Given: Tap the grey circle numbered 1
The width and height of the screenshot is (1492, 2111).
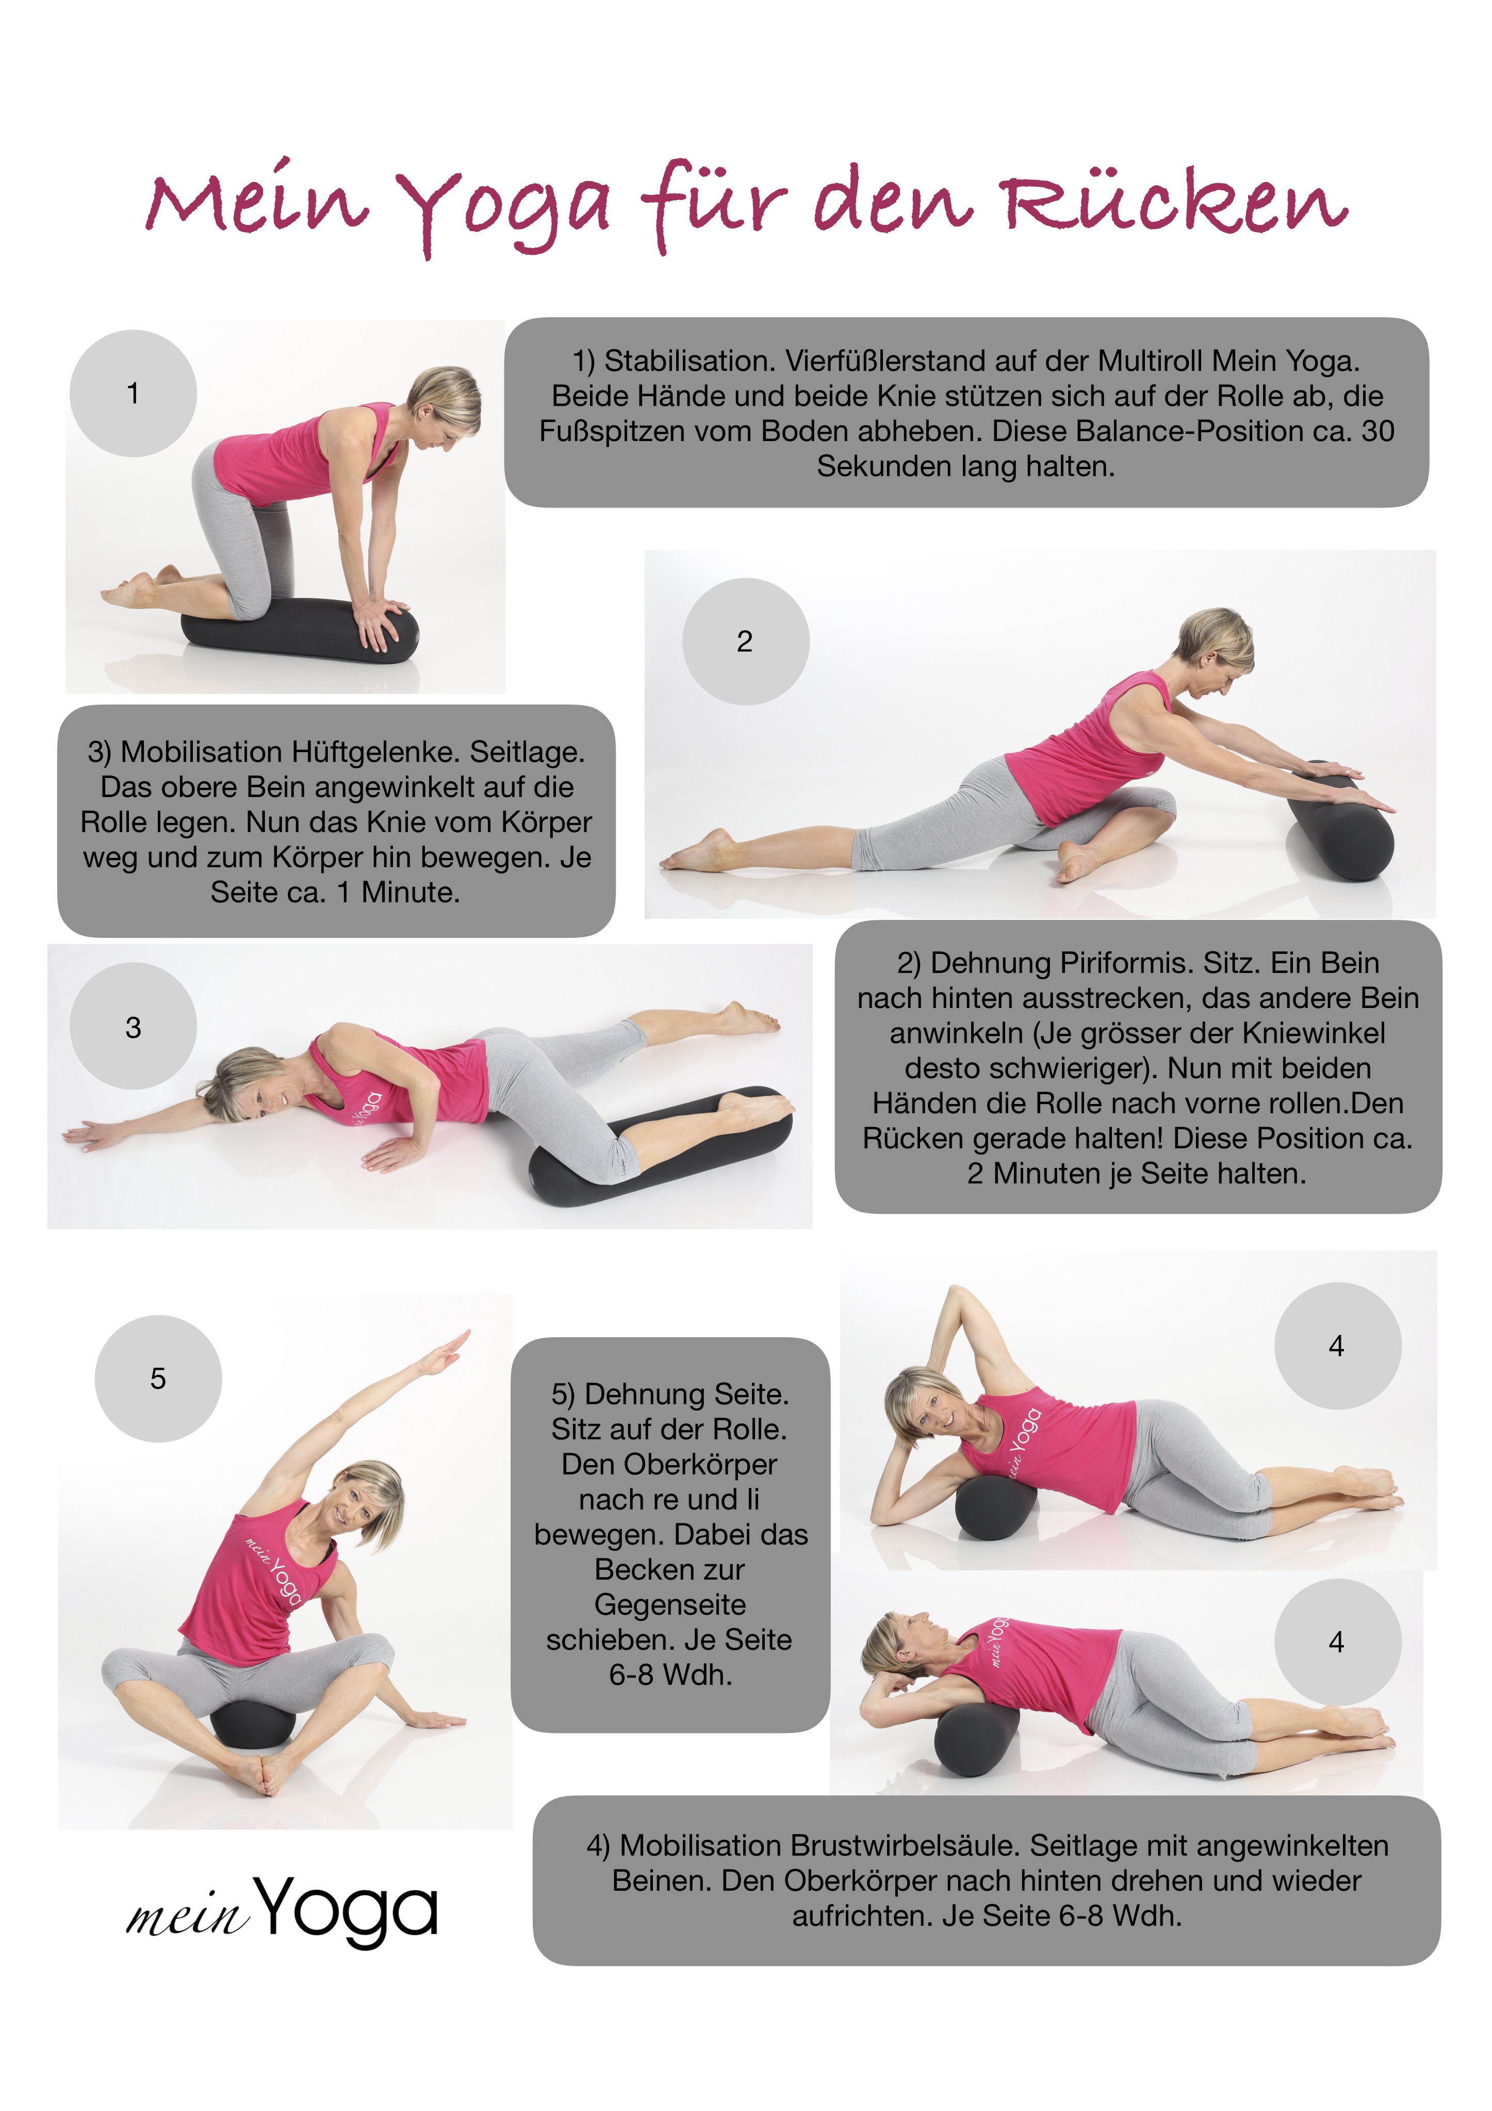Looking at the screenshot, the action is pyautogui.click(x=133, y=394).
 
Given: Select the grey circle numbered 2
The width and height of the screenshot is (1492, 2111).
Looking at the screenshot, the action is pyautogui.click(x=746, y=642).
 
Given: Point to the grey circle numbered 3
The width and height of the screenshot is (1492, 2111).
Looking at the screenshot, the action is pyautogui.click(x=133, y=1026).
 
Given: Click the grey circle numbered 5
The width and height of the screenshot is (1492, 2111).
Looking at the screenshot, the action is pyautogui.click(x=158, y=1378).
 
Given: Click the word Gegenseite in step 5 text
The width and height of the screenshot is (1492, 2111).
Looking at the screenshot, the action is pyautogui.click(x=670, y=1604).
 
